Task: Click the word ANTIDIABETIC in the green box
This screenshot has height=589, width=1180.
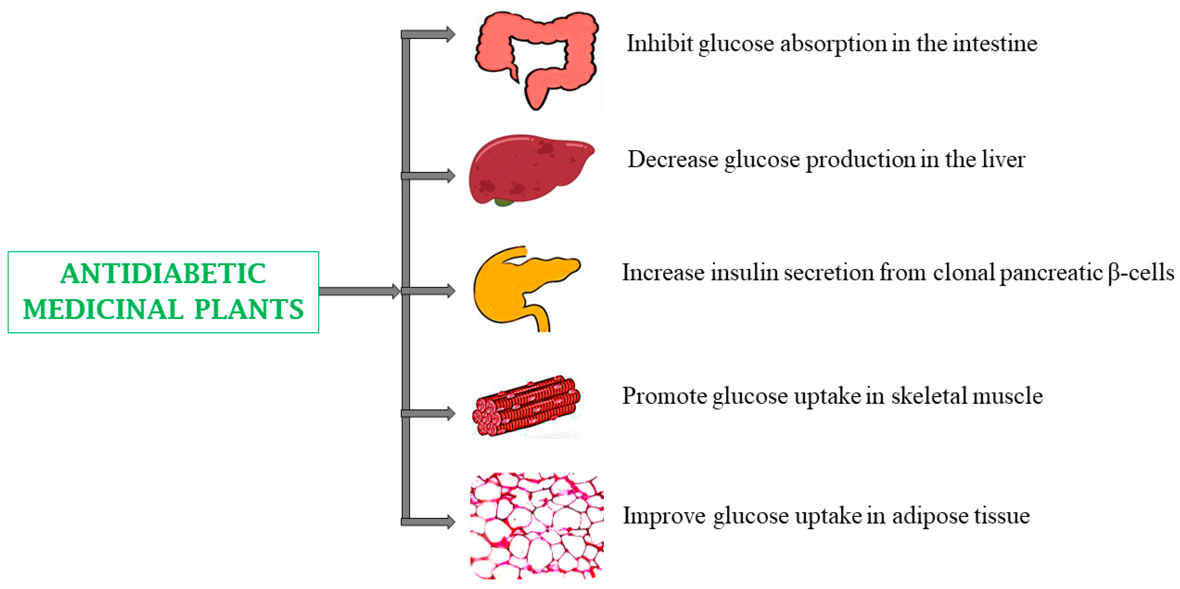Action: click(163, 274)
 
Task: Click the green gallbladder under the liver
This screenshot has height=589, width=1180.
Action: click(504, 202)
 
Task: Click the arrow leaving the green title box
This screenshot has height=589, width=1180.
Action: click(360, 291)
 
